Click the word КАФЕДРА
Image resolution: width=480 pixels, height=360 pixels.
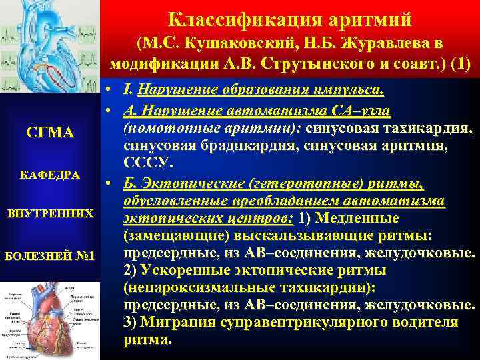50,175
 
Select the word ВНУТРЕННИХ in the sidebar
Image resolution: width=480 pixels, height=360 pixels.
50,215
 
